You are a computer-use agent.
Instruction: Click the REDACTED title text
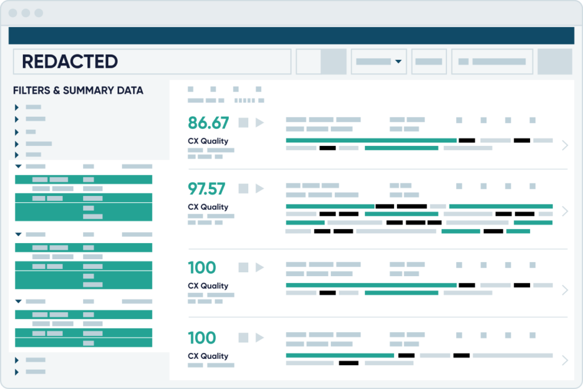(x=69, y=62)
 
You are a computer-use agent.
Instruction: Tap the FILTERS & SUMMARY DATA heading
(x=78, y=91)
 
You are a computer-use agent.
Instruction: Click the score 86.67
(x=208, y=123)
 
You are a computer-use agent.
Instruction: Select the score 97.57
(x=207, y=189)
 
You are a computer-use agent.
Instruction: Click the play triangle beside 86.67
(x=260, y=122)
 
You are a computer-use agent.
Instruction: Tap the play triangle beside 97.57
(x=260, y=188)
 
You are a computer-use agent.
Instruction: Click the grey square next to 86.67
(x=244, y=122)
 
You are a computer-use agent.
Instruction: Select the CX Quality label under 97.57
(x=208, y=207)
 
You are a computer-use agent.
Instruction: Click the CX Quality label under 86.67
(x=208, y=141)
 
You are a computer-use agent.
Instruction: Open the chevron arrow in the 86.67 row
(x=565, y=145)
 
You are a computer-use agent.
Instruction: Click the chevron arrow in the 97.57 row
(x=565, y=211)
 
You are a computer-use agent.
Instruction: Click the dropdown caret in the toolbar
(x=399, y=62)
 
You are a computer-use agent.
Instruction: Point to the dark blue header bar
(x=291, y=35)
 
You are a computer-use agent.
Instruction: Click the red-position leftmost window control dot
(x=13, y=13)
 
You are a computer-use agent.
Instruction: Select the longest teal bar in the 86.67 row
(x=371, y=140)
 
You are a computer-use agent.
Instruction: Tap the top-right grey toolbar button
(x=555, y=62)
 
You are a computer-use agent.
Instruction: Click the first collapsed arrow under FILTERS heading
(x=17, y=107)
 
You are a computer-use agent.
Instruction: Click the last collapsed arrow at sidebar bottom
(x=17, y=372)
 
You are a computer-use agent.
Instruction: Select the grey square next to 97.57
(x=244, y=188)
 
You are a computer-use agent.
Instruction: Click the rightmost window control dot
(x=39, y=13)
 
